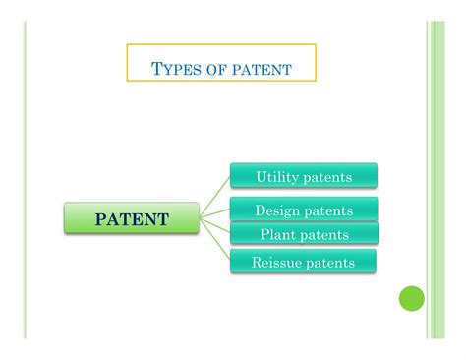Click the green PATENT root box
pos(132,218)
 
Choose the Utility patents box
pos(304,176)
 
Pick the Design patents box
pos(304,210)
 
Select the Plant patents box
pos(304,234)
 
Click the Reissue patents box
pos(304,261)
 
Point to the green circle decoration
pos(412,298)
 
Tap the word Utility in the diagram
pos(276,176)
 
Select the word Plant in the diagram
pos(278,234)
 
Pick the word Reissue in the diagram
pos(274,261)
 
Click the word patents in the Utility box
pos(326,176)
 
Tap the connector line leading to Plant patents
pos(216,226)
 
